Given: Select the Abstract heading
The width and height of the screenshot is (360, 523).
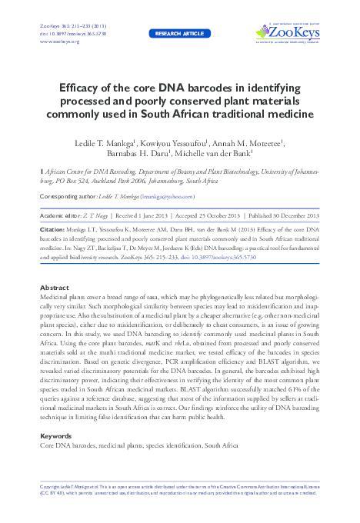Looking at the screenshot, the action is click(54, 287).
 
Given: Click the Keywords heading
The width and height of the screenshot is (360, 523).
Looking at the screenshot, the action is click(56, 436).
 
